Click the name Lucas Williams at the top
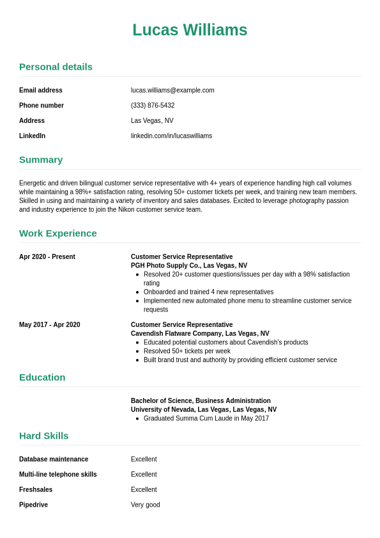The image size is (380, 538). pyautogui.click(x=190, y=30)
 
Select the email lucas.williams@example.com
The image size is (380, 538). pyautogui.click(x=172, y=90)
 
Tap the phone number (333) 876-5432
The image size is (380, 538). pyautogui.click(x=153, y=106)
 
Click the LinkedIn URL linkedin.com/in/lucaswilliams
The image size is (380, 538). pyautogui.click(x=171, y=136)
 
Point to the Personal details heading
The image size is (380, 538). pyautogui.click(x=56, y=67)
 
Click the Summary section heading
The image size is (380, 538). pyautogui.click(x=41, y=159)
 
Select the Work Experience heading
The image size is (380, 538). pyautogui.click(x=58, y=233)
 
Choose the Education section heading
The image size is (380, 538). pyautogui.click(x=42, y=377)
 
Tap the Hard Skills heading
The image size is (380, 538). pyautogui.click(x=43, y=436)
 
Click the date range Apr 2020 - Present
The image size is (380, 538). pyautogui.click(x=47, y=257)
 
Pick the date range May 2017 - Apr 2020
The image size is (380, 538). pyautogui.click(x=50, y=324)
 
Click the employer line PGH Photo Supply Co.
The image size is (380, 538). pyautogui.click(x=189, y=265)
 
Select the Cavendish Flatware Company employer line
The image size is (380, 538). pyautogui.click(x=200, y=333)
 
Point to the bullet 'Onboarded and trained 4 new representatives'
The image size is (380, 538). pyautogui.click(x=208, y=292)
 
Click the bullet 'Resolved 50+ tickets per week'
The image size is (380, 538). pyautogui.click(x=186, y=351)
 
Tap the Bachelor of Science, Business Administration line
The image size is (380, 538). pyautogui.click(x=201, y=400)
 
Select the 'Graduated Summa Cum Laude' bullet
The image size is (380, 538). pyautogui.click(x=206, y=418)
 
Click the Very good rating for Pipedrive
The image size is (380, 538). pyautogui.click(x=146, y=505)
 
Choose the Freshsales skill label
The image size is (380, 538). pyautogui.click(x=36, y=489)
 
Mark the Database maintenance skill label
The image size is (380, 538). pyautogui.click(x=54, y=459)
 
